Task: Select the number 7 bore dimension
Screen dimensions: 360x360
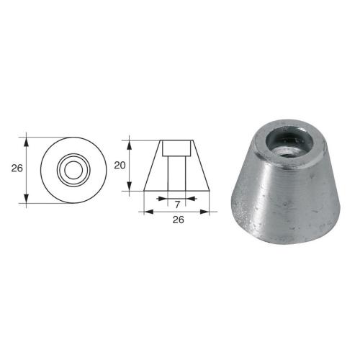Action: (177, 204)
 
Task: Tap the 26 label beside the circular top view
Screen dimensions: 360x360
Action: (17, 169)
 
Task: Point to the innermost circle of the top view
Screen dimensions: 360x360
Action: (73, 169)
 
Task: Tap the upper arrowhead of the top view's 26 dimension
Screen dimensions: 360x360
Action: (27, 138)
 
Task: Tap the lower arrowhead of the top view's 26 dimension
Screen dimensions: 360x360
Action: (27, 201)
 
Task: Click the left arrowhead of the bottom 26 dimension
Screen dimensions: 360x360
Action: (148, 212)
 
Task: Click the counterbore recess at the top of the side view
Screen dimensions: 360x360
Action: (177, 148)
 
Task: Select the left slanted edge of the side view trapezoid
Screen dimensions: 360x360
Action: (153, 166)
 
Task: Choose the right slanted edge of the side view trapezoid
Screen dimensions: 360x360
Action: (202, 166)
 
